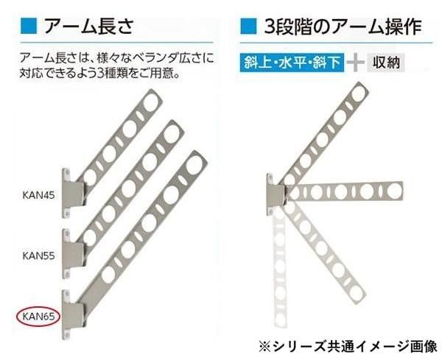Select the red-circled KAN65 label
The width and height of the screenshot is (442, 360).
point(36,317)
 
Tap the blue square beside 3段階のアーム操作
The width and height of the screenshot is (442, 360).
point(248,27)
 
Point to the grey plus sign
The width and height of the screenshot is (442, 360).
point(357,63)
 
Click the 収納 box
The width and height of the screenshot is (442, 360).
point(386,63)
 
